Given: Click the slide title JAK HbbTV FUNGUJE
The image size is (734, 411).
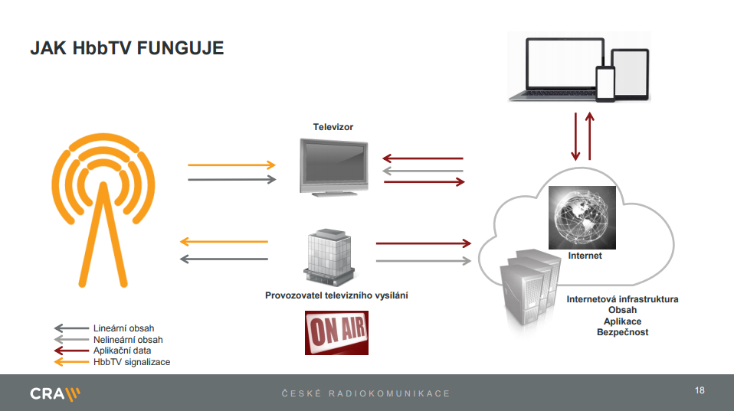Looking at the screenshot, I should pyautogui.click(x=126, y=48).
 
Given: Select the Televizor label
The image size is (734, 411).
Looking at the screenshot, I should pyautogui.click(x=333, y=127).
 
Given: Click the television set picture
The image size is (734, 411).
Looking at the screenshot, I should pyautogui.click(x=333, y=166).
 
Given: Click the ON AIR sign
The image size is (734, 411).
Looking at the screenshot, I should pyautogui.click(x=336, y=332).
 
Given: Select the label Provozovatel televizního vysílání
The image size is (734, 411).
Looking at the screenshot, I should pyautogui.click(x=336, y=295).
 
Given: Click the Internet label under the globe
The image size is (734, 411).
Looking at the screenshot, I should pyautogui.click(x=585, y=256).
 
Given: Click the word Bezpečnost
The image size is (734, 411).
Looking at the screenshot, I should pyautogui.click(x=622, y=332).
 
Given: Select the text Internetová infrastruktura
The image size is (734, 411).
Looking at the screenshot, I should pyautogui.click(x=622, y=299).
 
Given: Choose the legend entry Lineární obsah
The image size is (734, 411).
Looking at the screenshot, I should pyautogui.click(x=123, y=328).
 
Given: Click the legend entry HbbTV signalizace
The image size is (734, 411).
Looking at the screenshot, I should pyautogui.click(x=131, y=361).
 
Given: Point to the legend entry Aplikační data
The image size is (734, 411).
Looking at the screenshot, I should pyautogui.click(x=123, y=350).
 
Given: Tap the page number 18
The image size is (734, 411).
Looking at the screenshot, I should pyautogui.click(x=699, y=391).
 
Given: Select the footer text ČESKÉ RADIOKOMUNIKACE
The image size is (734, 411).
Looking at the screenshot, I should pyautogui.click(x=365, y=393).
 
